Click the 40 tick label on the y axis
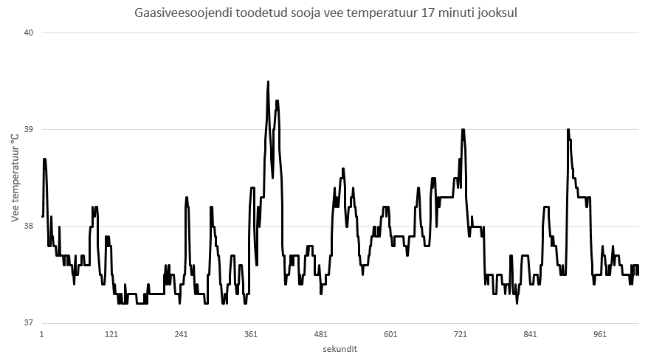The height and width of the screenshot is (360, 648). [29, 32]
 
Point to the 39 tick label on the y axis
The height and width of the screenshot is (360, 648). [29, 129]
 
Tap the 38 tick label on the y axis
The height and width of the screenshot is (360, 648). [29, 226]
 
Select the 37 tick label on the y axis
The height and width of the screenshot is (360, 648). [29, 322]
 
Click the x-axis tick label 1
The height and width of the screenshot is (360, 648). [42, 334]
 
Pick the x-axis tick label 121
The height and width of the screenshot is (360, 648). [111, 334]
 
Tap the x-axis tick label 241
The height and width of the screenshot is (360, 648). [182, 334]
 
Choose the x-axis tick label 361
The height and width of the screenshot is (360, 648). [251, 334]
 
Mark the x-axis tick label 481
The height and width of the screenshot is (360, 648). [321, 334]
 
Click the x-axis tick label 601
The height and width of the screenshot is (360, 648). [390, 334]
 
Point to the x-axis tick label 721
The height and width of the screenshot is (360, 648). [461, 334]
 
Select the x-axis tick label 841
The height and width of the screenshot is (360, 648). [530, 334]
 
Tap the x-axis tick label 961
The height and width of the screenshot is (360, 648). [600, 334]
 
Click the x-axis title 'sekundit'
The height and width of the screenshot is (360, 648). [340, 348]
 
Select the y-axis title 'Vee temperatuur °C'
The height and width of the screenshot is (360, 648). [15, 178]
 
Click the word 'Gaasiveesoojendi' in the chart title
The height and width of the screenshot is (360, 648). [174, 13]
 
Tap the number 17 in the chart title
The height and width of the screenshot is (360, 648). [427, 13]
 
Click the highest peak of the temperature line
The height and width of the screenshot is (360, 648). [268, 81]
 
